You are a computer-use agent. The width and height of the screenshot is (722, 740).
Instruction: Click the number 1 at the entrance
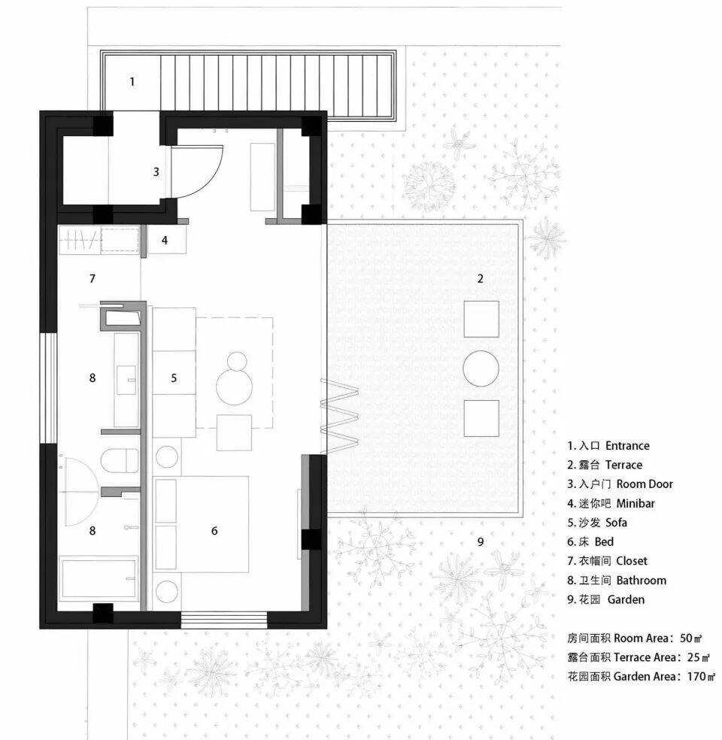coord(132,82)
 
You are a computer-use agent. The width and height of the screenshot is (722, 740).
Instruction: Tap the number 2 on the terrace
coord(480,278)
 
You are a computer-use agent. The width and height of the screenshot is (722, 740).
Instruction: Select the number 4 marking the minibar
coord(164,240)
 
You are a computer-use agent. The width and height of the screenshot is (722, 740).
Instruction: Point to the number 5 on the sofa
coord(174,378)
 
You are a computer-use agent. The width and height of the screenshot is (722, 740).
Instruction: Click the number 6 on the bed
coord(214,531)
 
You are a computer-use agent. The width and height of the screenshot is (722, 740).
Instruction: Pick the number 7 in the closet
coord(92,279)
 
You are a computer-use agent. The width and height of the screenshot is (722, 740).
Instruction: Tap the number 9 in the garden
coord(481,541)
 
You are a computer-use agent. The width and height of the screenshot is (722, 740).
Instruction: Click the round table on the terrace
coord(481,368)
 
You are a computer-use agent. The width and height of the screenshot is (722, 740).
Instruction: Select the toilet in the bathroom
coord(120,460)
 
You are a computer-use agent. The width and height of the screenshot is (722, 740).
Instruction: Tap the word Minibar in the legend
coord(636,504)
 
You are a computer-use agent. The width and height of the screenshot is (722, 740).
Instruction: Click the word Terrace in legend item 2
coord(623,465)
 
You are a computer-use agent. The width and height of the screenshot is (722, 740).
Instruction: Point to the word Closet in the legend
coord(632,561)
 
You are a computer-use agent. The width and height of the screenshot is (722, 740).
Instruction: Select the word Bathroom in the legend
coord(642,581)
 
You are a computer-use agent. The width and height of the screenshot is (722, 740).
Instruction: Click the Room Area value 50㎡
coord(691,638)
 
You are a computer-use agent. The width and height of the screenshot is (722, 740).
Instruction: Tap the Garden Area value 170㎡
coord(701,677)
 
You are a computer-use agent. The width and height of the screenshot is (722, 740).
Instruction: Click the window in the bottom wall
coord(224,620)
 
